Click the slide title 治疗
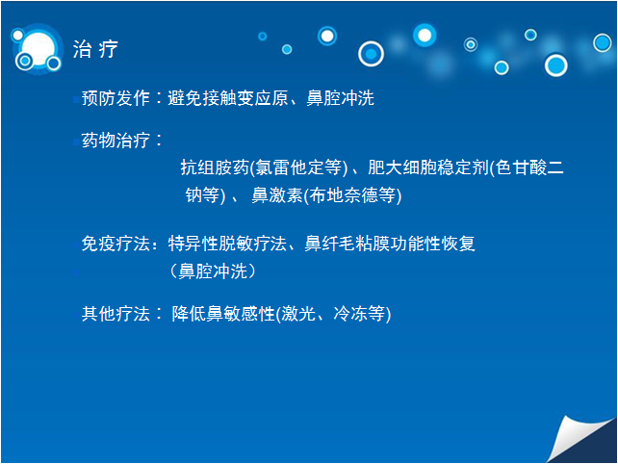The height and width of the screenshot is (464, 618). click(x=95, y=49)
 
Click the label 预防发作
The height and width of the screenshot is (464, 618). click(x=116, y=98)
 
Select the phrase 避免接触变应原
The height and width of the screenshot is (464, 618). click(x=228, y=98)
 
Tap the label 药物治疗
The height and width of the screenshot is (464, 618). click(x=116, y=141)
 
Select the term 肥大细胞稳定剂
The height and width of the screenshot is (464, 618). click(x=428, y=168)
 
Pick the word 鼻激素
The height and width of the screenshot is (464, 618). click(x=277, y=195)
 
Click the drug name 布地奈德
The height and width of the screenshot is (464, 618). click(x=344, y=195)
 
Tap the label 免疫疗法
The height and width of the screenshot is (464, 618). click(x=116, y=244)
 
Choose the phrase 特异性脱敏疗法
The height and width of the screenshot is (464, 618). click(x=227, y=244)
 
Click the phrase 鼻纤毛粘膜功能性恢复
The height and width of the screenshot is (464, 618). click(x=390, y=244)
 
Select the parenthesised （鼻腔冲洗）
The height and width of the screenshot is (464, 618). click(x=213, y=271)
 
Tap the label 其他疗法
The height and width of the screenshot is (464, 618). click(x=116, y=314)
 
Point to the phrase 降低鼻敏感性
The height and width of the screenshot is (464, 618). click(x=223, y=314)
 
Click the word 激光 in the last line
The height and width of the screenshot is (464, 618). click(x=298, y=314)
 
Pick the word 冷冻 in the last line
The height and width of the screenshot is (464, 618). click(x=350, y=314)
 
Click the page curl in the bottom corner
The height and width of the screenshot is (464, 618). click(x=580, y=439)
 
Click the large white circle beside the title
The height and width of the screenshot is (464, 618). click(x=39, y=49)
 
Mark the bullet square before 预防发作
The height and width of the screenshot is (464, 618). click(x=76, y=100)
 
